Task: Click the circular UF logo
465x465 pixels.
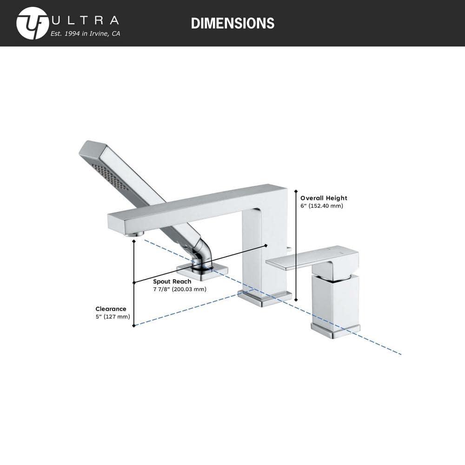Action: pos(32,23)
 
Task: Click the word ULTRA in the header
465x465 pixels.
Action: pos(86,20)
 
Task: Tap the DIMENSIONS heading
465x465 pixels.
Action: pos(232,23)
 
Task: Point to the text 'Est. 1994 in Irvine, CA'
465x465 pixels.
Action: pos(85,33)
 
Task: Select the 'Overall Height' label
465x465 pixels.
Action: pos(324,198)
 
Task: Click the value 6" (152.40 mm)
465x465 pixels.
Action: pos(321,206)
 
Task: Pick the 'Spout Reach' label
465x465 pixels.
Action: pos(172,281)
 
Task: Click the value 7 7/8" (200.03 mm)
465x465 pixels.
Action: pos(179,289)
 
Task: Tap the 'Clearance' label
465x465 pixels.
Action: pos(111,309)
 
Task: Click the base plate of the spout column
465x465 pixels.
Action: pos(265,299)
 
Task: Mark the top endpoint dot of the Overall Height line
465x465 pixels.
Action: pos(296,191)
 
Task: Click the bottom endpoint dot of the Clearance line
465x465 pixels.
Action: pos(134,325)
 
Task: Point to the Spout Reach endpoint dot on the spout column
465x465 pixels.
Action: pos(266,245)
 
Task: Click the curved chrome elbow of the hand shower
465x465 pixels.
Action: pos(204,253)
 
